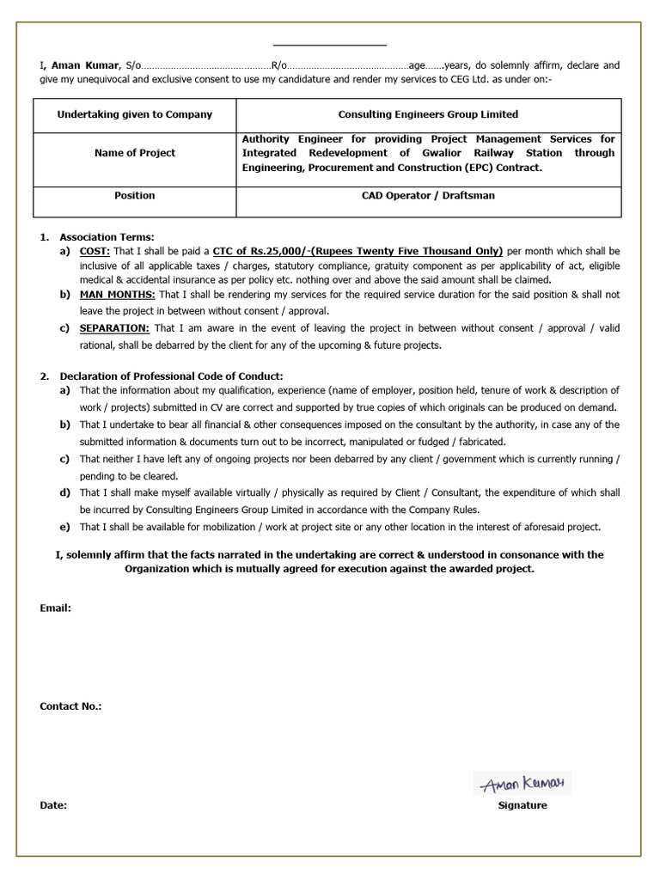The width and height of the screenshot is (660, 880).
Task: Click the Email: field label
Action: click(x=55, y=608)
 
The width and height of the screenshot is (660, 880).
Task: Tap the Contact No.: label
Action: click(x=70, y=706)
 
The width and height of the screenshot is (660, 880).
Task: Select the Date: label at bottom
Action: click(x=53, y=805)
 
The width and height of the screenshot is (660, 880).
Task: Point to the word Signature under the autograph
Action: click(x=522, y=805)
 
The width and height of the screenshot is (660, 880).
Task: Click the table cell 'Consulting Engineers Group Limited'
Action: click(x=428, y=114)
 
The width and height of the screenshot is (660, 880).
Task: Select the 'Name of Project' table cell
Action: click(x=135, y=153)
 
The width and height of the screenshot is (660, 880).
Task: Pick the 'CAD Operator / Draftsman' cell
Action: click(x=428, y=195)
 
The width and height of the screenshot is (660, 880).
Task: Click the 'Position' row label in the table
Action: click(x=135, y=195)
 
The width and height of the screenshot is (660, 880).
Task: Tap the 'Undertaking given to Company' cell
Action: click(x=135, y=114)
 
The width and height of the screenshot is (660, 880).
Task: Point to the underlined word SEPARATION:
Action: click(x=114, y=328)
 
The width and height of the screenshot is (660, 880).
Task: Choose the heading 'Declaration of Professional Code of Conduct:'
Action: click(x=171, y=376)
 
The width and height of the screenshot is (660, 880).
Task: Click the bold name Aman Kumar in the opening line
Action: click(x=86, y=65)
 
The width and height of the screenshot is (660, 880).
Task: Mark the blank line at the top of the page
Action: click(x=330, y=44)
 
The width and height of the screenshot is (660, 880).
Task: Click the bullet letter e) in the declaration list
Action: click(x=64, y=527)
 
